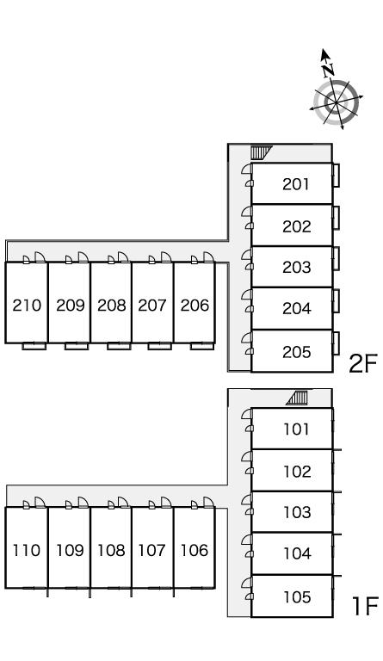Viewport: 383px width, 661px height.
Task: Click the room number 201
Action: point(296,184)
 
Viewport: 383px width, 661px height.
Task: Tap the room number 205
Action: point(297,352)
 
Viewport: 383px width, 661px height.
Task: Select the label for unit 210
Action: point(27,305)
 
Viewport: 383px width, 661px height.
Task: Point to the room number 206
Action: point(195,305)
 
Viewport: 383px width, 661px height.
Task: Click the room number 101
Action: point(296,429)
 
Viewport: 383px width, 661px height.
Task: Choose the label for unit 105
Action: point(297,597)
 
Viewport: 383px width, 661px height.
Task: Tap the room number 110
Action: point(27,550)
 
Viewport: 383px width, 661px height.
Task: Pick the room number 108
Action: point(112,550)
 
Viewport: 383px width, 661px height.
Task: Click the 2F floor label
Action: point(363,364)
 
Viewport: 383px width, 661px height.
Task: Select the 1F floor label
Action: point(365,607)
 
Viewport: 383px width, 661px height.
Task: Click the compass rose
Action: point(336,102)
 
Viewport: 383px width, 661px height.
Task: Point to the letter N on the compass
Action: point(328,71)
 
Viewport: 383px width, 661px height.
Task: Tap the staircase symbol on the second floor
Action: point(261,151)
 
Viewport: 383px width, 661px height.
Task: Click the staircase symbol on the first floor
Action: point(297,398)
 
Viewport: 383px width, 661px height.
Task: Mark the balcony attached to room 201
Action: point(336,175)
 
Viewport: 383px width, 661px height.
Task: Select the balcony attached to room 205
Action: point(336,343)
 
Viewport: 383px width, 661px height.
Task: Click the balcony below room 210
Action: point(34,346)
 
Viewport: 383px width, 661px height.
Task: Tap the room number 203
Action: point(297,268)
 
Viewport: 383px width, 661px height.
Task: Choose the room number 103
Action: point(297,512)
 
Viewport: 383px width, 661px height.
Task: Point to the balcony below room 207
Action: point(160,346)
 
